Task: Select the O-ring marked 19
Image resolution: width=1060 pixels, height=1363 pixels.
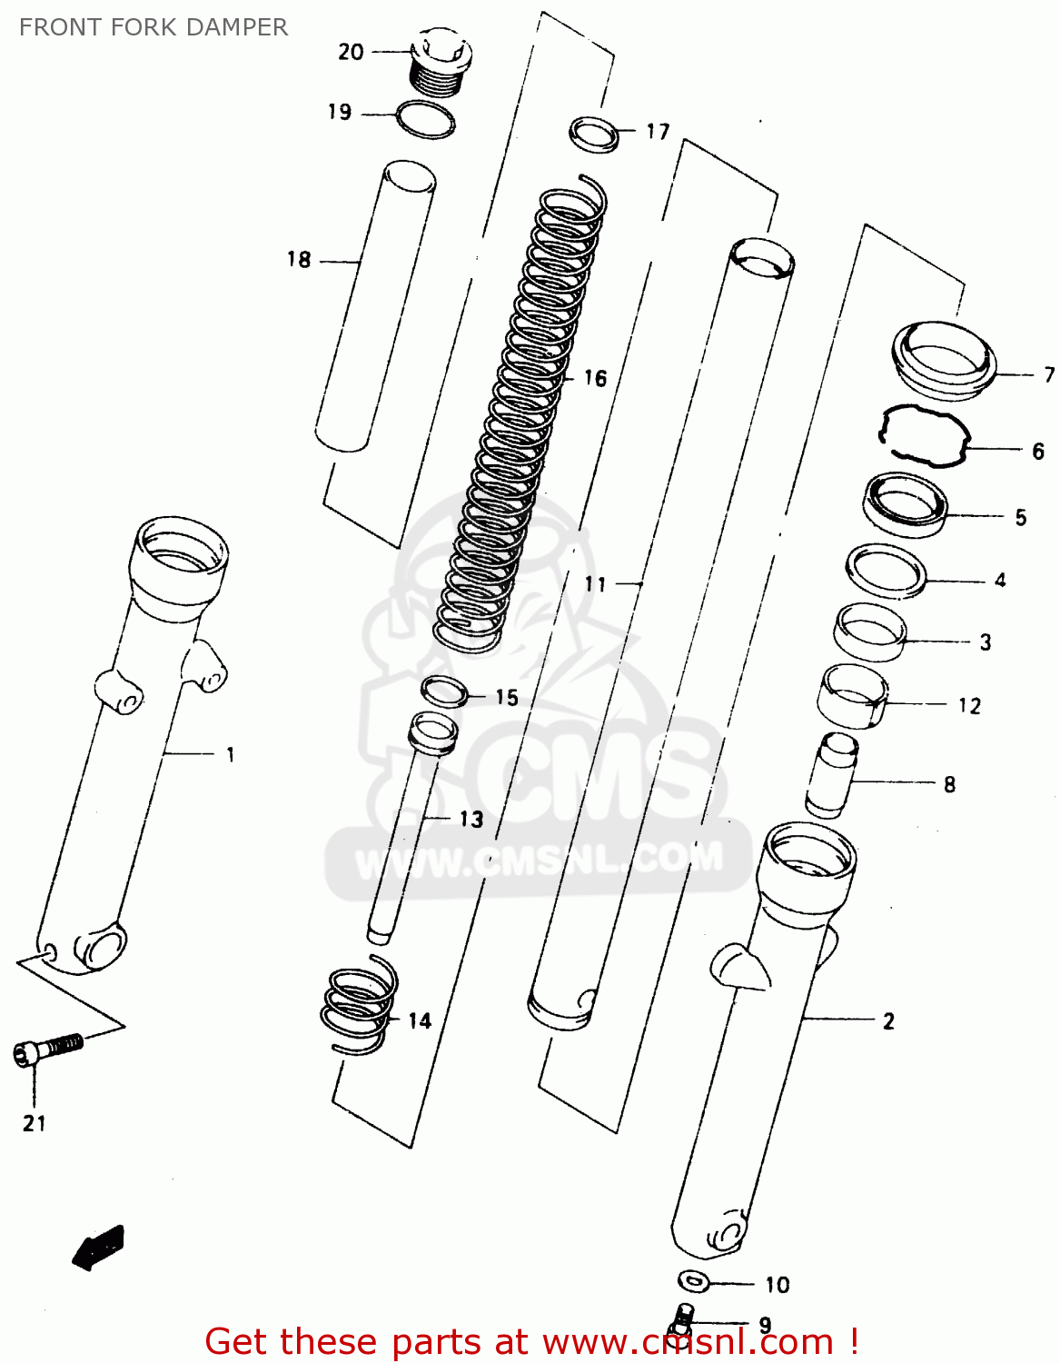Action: (x=425, y=119)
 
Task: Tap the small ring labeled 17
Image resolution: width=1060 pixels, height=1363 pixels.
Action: (x=594, y=134)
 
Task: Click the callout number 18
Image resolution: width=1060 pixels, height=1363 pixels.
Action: (x=299, y=260)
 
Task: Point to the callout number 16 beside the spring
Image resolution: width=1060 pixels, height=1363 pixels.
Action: (x=595, y=378)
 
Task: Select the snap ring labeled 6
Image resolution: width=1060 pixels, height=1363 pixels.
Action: (x=924, y=435)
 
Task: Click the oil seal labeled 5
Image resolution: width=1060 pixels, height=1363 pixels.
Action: (x=905, y=504)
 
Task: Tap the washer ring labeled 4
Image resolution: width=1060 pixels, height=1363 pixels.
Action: (x=886, y=571)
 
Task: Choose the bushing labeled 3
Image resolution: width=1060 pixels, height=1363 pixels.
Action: (x=870, y=632)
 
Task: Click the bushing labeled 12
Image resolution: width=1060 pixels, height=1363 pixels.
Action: (x=853, y=695)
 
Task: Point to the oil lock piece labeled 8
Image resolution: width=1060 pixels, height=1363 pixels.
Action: (x=831, y=774)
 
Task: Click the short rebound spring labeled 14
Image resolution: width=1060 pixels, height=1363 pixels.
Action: (x=361, y=1007)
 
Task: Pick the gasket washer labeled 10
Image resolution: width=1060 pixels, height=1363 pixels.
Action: (x=695, y=1280)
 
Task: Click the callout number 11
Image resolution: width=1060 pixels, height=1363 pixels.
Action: (x=595, y=583)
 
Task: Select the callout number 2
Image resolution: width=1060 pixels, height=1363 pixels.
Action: (x=888, y=1021)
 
